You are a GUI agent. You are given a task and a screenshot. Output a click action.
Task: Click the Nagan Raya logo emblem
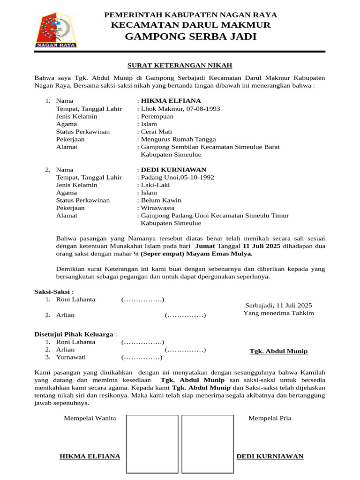tap(56, 30)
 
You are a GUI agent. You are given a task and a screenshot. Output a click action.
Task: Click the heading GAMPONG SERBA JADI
tap(191, 37)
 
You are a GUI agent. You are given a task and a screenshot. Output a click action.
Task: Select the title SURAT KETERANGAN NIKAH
tap(180, 65)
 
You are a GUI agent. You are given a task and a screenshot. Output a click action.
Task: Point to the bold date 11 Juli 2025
tap(262, 246)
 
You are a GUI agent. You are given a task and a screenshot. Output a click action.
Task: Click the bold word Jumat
tap(205, 246)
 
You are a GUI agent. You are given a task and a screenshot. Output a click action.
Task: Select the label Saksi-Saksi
tap(54, 292)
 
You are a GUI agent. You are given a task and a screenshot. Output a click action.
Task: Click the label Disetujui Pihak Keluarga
tap(74, 334)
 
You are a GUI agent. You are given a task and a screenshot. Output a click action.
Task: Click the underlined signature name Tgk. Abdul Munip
tap(278, 351)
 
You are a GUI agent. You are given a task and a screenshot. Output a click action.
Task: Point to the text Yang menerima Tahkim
tap(278, 313)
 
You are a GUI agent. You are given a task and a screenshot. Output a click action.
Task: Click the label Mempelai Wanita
tap(90, 418)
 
